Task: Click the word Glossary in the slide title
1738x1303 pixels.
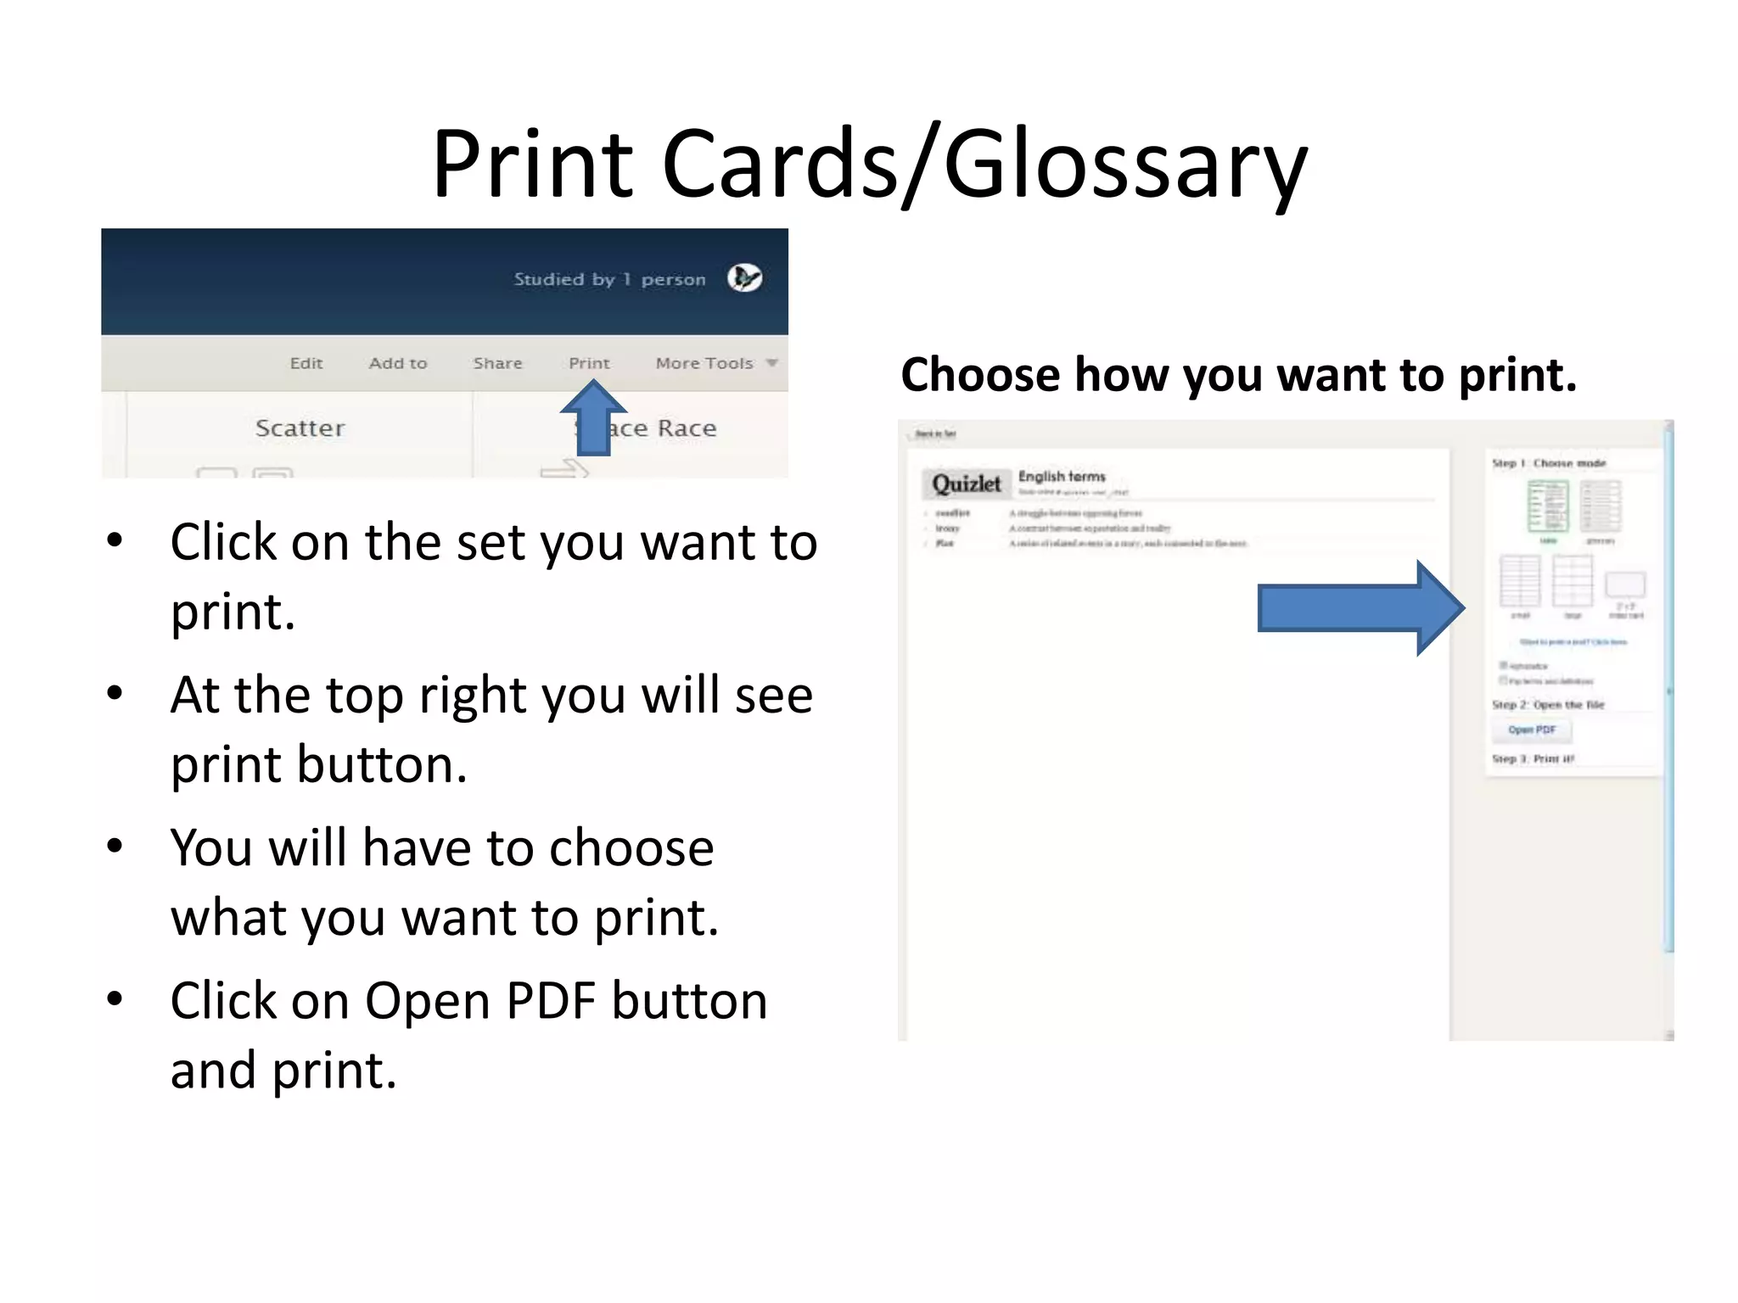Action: [1125, 164]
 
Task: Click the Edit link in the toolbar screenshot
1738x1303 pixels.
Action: [306, 363]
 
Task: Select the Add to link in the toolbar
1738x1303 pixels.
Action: [398, 363]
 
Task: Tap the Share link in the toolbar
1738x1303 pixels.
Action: [497, 363]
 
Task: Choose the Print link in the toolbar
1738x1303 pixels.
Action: [589, 363]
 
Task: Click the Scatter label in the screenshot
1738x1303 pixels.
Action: [300, 428]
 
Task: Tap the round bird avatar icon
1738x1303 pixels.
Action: [744, 278]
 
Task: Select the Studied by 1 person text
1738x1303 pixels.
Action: [609, 279]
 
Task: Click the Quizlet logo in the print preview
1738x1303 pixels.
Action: [967, 484]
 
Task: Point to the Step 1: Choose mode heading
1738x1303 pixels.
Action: [1549, 463]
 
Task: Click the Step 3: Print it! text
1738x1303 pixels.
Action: [1533, 758]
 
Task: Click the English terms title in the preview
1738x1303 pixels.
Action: [1062, 477]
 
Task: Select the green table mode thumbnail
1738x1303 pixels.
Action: [1548, 506]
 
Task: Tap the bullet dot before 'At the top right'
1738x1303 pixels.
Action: [115, 693]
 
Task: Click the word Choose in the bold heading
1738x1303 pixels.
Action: [980, 375]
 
